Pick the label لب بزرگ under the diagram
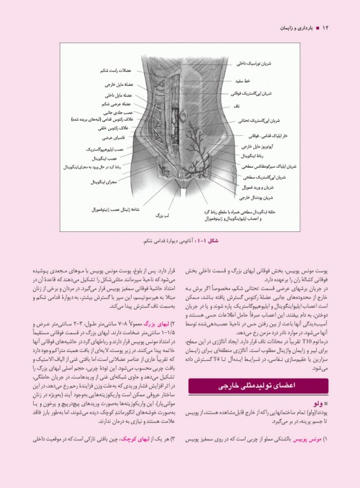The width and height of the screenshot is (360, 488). tap(163, 216)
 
